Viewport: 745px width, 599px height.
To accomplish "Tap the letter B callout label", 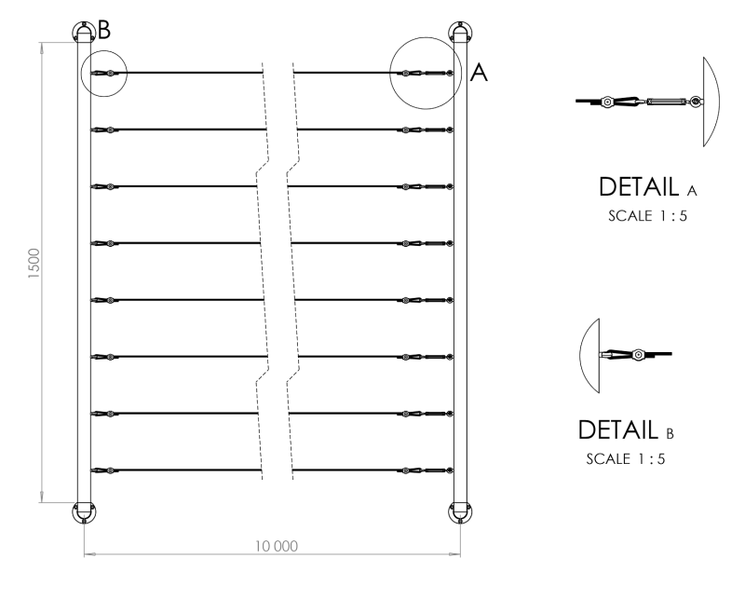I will pyautogui.click(x=104, y=30).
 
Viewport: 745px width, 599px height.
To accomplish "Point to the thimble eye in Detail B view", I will pyautogui.click(x=638, y=355).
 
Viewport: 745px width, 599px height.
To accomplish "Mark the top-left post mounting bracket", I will pyautogui.click(x=84, y=31).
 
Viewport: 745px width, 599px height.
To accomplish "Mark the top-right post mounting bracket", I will pyautogui.click(x=460, y=31).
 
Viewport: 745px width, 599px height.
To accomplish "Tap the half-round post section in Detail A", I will pyautogui.click(x=706, y=101).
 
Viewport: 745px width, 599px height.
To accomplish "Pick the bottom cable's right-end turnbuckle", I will pyautogui.click(x=434, y=470).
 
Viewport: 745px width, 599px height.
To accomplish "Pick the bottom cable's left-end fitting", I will pyautogui.click(x=104, y=470).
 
